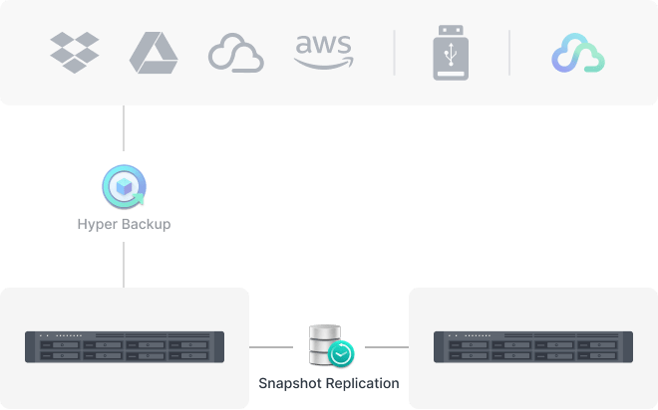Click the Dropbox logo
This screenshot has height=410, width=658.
(75, 53)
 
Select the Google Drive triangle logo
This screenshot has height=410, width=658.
(154, 53)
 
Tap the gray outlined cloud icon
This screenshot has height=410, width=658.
(236, 53)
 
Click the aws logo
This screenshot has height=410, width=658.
(324, 52)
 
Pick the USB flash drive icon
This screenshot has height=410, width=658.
(451, 53)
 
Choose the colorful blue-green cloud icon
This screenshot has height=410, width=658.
(578, 53)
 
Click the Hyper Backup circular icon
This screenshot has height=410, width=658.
(125, 187)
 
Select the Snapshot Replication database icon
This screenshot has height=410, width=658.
(332, 346)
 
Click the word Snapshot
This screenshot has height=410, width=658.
(290, 383)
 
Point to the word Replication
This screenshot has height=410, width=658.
(363, 383)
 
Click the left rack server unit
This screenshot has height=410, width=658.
(125, 347)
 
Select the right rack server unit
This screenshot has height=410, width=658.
(533, 347)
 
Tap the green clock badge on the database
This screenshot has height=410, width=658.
(341, 354)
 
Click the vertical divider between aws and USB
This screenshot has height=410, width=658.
(394, 53)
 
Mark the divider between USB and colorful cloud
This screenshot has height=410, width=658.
(509, 53)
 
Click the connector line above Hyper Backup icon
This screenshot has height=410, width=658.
(124, 128)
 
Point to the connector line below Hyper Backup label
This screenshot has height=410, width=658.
(124, 265)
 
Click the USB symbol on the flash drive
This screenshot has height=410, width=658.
(451, 54)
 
